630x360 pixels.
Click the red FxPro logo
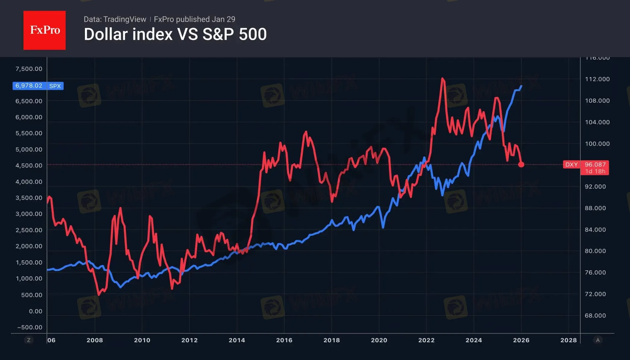45,30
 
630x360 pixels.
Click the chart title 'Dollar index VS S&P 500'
175,34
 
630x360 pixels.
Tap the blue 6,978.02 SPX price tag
38,86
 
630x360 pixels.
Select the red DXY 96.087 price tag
586,167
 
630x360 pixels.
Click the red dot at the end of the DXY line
521,164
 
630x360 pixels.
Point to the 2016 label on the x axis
284,340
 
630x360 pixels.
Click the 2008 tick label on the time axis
95,340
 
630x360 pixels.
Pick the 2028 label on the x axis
568,340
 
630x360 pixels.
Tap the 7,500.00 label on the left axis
29,69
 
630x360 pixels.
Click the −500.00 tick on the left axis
30,327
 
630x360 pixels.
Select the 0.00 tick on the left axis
36,311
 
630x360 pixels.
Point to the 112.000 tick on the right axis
597,79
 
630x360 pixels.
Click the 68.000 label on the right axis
595,315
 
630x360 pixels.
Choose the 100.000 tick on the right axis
597,144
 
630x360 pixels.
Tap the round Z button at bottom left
29,340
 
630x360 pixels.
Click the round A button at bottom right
598,340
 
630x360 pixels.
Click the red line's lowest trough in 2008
99,295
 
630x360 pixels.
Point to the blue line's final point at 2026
521,86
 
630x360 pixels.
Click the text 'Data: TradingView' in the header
115,19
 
